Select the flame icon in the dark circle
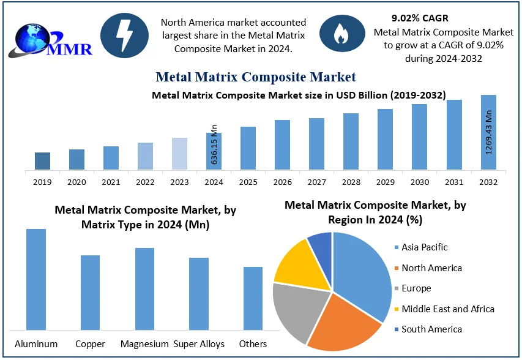[x=338, y=36]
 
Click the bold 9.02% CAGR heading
[x=420, y=18]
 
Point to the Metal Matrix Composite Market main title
[x=255, y=77]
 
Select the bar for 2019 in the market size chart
[x=42, y=161]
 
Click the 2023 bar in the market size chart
[x=179, y=154]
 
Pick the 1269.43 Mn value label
[x=488, y=132]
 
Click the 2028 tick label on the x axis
[x=351, y=182]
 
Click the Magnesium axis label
[x=144, y=343]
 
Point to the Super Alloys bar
[x=199, y=294]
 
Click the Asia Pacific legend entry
[x=424, y=247]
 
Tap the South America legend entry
[x=431, y=329]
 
